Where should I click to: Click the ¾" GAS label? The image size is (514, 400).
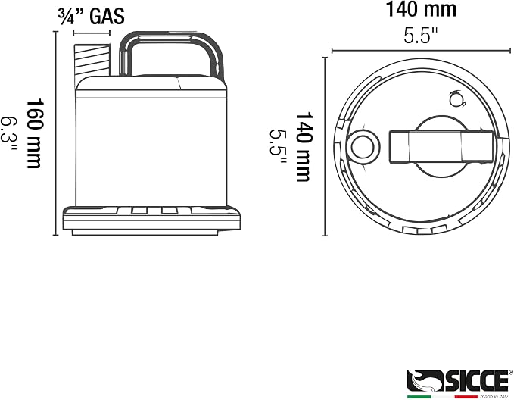(x=91, y=16)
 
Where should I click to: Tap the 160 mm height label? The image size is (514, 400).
(x=34, y=133)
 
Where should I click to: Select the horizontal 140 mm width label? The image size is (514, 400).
(x=421, y=9)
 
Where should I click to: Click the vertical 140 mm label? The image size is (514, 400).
(x=304, y=147)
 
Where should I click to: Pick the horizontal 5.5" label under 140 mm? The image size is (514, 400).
(x=421, y=35)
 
